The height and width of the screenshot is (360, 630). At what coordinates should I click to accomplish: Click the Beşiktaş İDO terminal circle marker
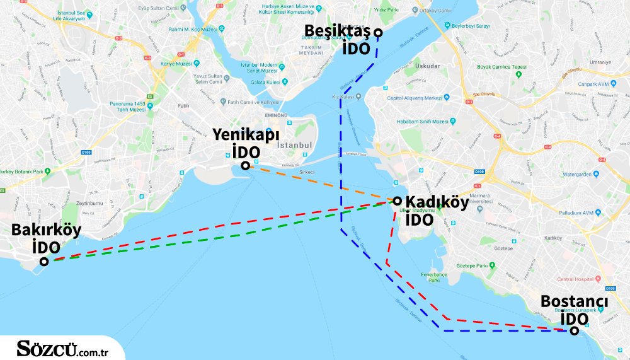coord(377,33)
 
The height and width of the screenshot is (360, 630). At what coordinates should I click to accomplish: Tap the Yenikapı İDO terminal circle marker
coord(244,166)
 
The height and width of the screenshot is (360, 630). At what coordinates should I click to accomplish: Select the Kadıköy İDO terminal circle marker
coord(398,200)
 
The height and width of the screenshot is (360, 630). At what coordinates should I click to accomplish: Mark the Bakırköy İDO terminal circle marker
coord(44,262)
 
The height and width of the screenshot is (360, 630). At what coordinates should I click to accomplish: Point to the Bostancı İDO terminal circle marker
coord(573,330)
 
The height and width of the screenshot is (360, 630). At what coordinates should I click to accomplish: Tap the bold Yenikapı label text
coord(246,135)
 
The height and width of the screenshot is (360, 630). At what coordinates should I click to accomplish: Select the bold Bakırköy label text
coord(47,230)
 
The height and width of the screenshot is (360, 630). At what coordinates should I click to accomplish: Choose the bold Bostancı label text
coord(574,303)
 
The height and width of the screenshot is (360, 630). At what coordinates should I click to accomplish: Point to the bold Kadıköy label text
coord(437,202)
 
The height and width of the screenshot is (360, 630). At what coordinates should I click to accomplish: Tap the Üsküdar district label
coord(428,65)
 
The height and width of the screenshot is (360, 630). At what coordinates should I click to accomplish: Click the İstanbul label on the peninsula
coord(295,145)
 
